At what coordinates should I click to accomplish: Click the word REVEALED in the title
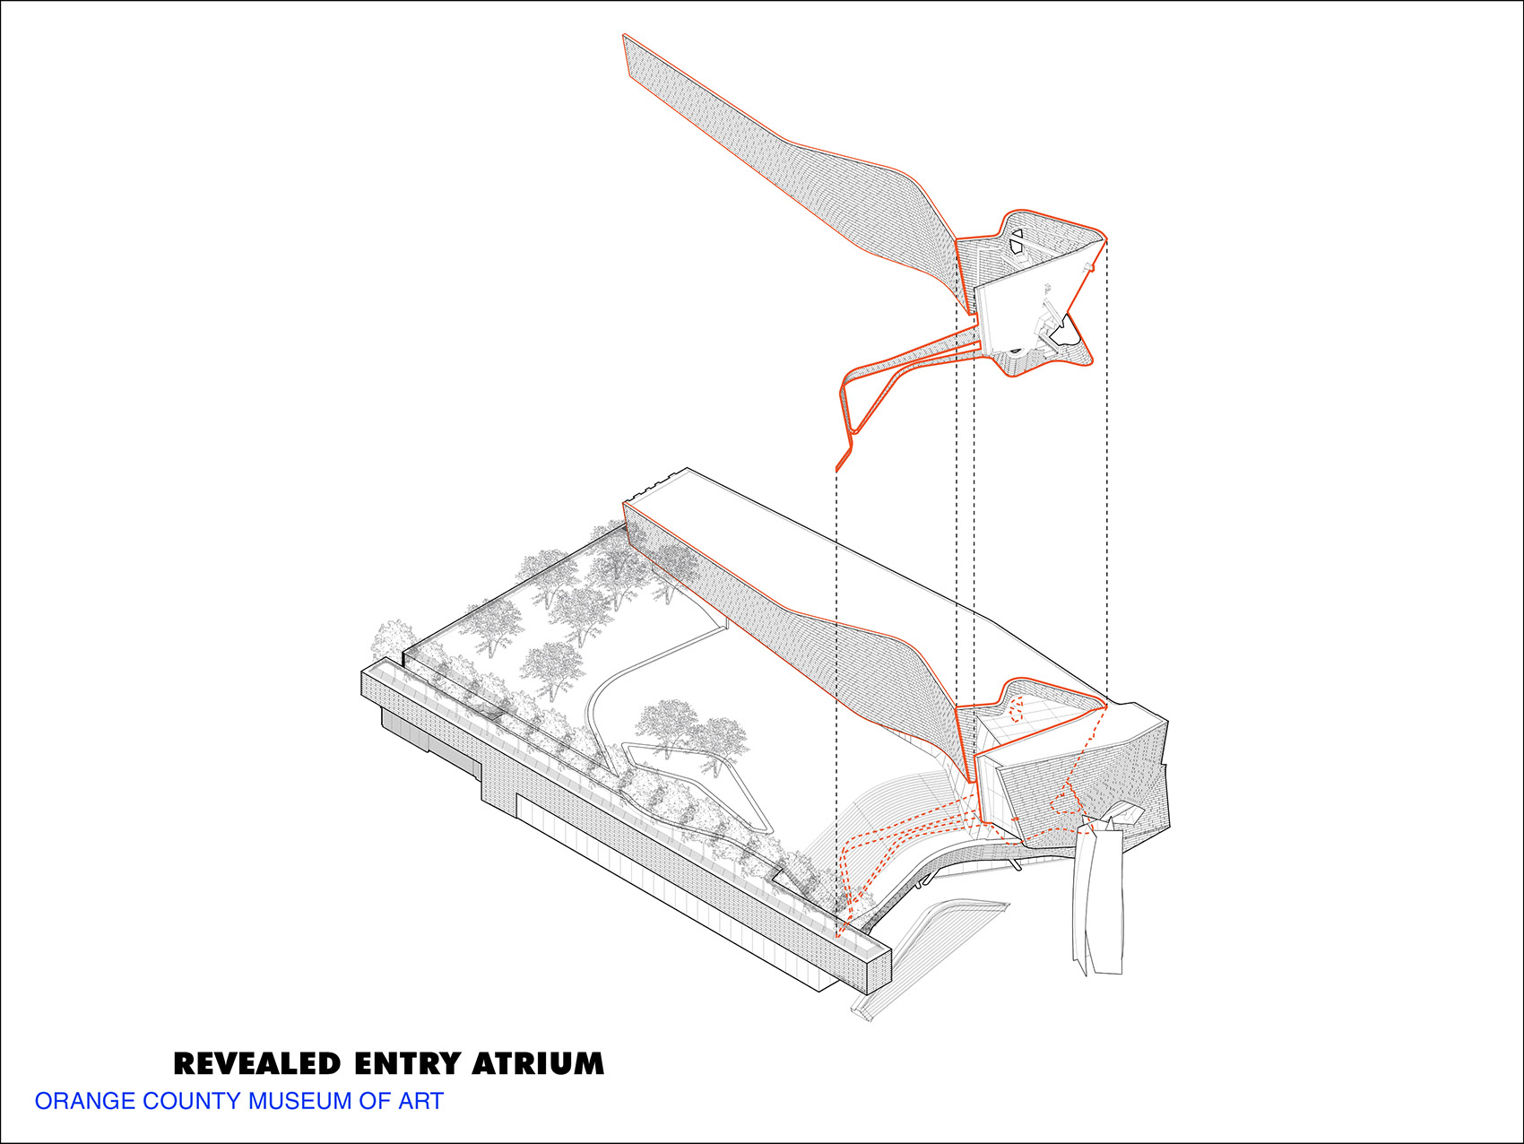(x=257, y=1064)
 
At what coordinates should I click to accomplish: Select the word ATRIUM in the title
(x=538, y=1064)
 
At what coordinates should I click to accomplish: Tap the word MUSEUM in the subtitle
(x=300, y=1101)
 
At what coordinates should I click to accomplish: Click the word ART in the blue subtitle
(x=421, y=1101)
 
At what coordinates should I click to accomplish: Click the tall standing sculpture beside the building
(x=1099, y=897)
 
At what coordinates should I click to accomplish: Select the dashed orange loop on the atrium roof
(x=1017, y=708)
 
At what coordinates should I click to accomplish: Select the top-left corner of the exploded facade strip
(x=624, y=37)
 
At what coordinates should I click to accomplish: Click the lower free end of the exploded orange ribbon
(x=837, y=468)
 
